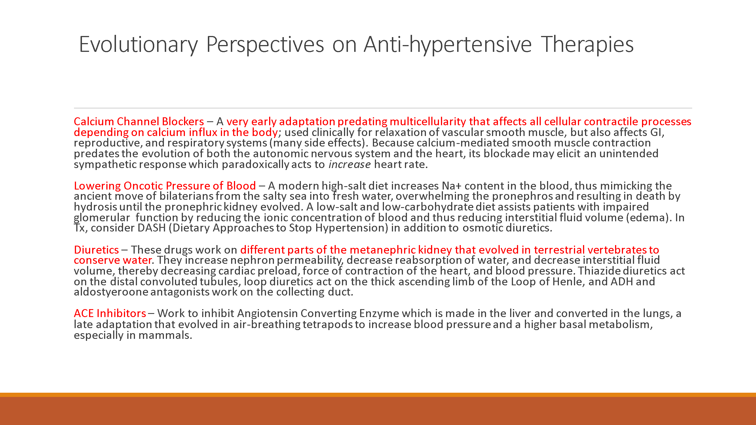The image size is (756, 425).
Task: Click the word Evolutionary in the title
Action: pyautogui.click(x=138, y=44)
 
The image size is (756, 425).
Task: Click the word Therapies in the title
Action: pyautogui.click(x=587, y=44)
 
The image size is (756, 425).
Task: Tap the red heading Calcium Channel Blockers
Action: pyautogui.click(x=138, y=122)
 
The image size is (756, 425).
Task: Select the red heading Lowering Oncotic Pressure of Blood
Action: pyautogui.click(x=165, y=186)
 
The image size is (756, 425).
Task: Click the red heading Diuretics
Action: pyautogui.click(x=96, y=250)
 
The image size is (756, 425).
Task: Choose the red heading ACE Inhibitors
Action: pyautogui.click(x=110, y=313)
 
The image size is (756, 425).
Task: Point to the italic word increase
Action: pyautogui.click(x=349, y=165)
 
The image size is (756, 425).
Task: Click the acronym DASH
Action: pyautogui.click(x=151, y=228)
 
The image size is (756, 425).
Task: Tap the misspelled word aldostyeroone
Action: pyautogui.click(x=111, y=292)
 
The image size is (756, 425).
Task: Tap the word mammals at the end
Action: pyautogui.click(x=165, y=335)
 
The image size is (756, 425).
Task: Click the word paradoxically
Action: pyautogui.click(x=255, y=165)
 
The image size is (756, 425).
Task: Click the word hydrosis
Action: pyautogui.click(x=95, y=207)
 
